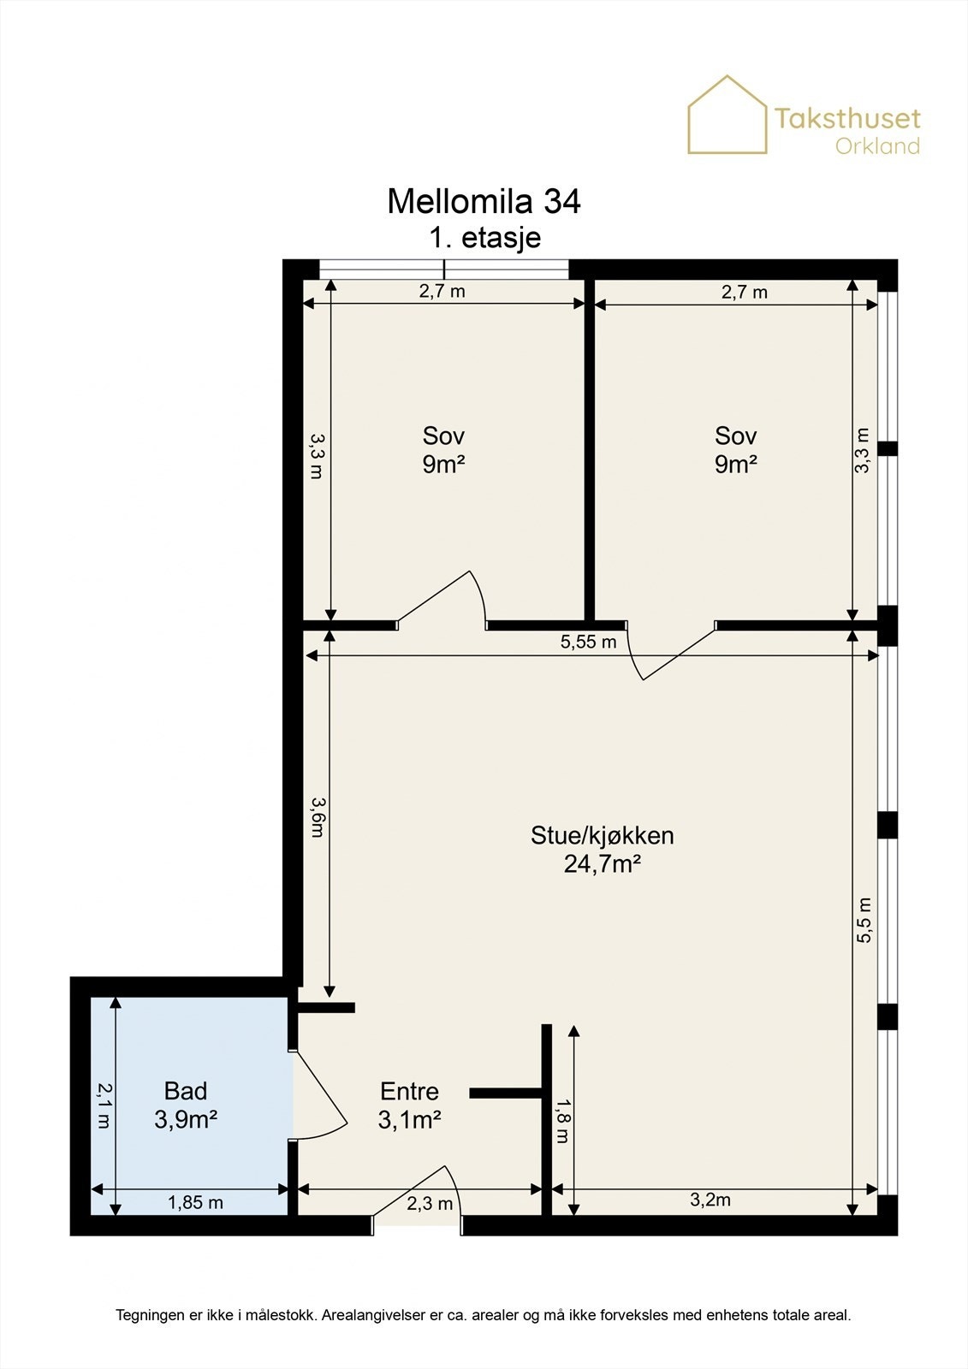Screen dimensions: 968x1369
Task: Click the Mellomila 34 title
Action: coord(484,201)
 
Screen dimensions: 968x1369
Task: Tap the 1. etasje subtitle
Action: coord(485,237)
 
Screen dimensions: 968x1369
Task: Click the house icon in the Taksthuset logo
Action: coord(727,115)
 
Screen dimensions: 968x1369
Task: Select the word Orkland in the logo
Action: coord(877,146)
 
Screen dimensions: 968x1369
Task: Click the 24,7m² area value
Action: coord(603,864)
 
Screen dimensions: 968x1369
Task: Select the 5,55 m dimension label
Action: coord(588,642)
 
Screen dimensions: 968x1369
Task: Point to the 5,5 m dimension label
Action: coord(863,921)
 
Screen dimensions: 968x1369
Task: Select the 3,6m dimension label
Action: coord(317,817)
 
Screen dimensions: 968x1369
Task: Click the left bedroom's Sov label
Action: coord(443,436)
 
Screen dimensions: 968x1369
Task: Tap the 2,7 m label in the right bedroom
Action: coord(745,292)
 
